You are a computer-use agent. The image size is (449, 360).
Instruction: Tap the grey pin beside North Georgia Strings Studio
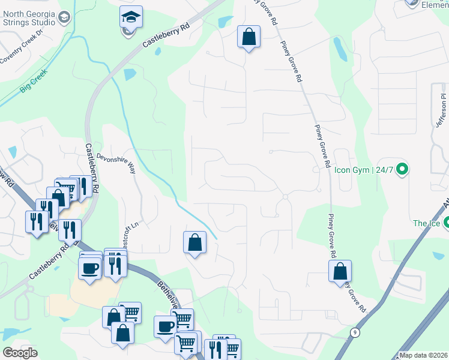tap(65, 19)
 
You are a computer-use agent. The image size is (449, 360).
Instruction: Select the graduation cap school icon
tap(129, 18)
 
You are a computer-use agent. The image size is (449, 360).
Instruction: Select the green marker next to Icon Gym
tap(403, 170)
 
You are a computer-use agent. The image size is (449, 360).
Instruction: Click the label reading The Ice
tap(426, 224)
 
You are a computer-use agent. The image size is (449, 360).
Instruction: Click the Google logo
tap(20, 353)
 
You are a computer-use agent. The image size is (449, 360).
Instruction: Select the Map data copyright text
tap(423, 355)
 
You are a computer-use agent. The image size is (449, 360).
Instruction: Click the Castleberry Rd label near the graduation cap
tap(166, 35)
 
